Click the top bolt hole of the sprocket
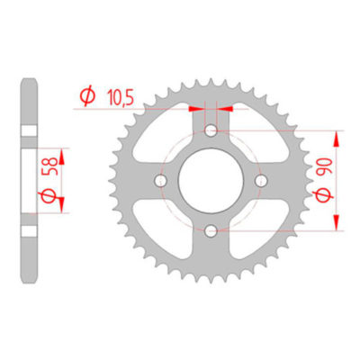point(211,131)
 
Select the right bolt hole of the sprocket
point(261,182)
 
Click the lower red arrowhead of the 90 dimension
point(339,225)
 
